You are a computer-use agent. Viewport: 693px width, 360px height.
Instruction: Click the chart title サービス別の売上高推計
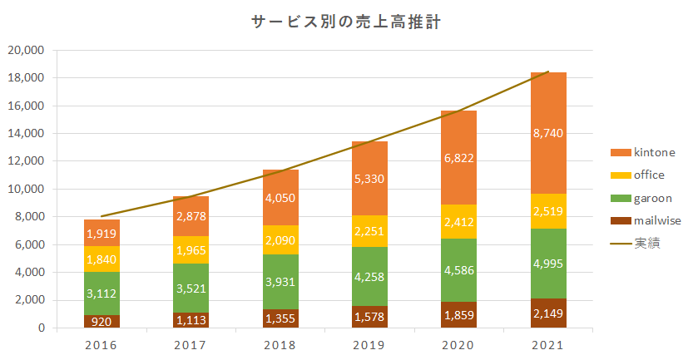[x=346, y=23]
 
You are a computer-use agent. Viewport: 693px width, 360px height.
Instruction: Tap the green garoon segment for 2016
[x=101, y=293]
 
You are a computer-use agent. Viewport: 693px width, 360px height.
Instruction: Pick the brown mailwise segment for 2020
[x=458, y=315]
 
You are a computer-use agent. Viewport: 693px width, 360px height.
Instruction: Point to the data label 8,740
[x=548, y=133]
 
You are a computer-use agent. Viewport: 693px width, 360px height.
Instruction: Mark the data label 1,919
[x=101, y=234]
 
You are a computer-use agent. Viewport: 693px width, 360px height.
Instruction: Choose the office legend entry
[x=644, y=175]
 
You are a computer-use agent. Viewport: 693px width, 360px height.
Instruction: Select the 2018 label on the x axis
[x=280, y=345]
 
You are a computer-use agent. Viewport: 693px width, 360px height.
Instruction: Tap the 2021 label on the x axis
[x=548, y=345]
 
